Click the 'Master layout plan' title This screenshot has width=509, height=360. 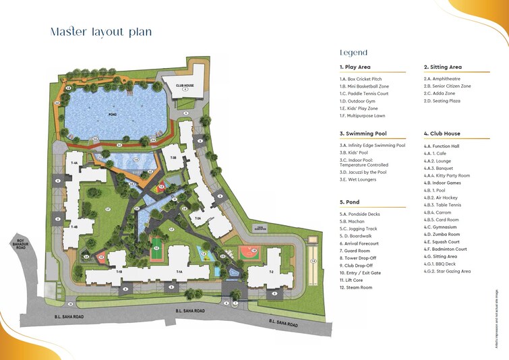click(x=101, y=32)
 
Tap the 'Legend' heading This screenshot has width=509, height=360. click(x=353, y=52)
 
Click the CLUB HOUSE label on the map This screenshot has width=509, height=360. click(x=185, y=86)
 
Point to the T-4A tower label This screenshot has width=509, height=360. click(x=74, y=162)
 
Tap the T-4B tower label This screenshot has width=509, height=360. click(x=74, y=227)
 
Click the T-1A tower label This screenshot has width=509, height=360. click(x=179, y=272)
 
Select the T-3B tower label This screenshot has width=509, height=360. click(x=173, y=157)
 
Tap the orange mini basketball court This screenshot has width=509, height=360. click(x=247, y=253)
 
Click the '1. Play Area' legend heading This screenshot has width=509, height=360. click(x=355, y=67)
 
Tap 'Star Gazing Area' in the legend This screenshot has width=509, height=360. click(x=451, y=271)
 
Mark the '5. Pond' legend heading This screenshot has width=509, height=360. click(x=351, y=202)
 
